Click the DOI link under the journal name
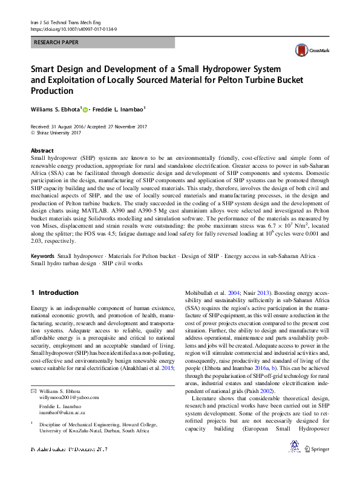pos(73,29)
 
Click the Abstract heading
pos(42,150)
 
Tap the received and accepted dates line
pos(88,125)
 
